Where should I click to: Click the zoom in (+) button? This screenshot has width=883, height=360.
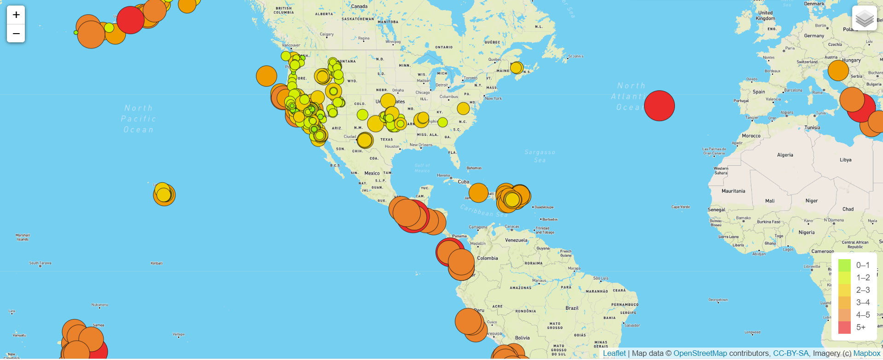coord(16,15)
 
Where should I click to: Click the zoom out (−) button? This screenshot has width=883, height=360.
coord(16,34)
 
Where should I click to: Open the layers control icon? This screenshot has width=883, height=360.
coord(864,18)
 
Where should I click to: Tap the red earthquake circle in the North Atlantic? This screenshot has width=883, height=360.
coord(659,105)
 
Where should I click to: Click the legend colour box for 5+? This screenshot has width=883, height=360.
coord(844,327)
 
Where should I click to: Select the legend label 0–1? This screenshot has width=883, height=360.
coord(863,265)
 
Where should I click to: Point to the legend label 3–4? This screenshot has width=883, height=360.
coord(863,302)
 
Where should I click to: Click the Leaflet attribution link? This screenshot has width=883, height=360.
coord(614,354)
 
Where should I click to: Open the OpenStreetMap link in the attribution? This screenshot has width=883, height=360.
coord(700,354)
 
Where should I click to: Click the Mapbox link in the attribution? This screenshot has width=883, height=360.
coord(866,354)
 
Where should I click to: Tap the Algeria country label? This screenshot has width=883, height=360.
coord(785,155)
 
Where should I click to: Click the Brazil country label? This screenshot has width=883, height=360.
coord(572,308)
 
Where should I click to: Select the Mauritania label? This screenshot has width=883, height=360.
coord(733,191)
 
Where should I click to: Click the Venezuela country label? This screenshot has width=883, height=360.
coord(516,240)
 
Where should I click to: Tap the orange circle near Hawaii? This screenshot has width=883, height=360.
coord(164,195)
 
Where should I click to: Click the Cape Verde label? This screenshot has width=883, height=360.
coord(680,207)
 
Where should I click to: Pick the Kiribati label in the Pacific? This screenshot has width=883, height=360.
coord(157,263)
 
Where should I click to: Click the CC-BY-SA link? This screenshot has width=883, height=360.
coord(790,354)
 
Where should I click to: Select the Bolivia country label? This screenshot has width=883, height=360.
coord(522,338)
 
